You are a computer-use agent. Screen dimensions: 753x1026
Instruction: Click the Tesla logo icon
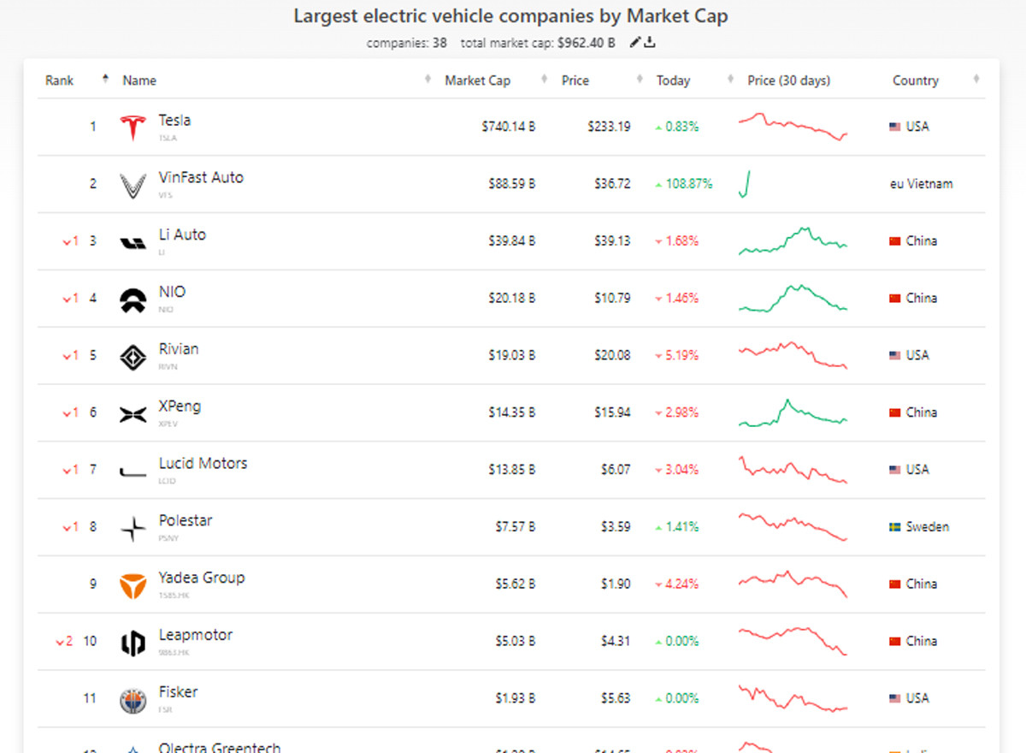(133, 127)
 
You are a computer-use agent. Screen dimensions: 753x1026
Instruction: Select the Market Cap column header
(477, 80)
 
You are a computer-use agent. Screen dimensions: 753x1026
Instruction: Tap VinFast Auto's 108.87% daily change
(683, 184)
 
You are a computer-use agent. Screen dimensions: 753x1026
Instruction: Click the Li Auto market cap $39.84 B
(508, 241)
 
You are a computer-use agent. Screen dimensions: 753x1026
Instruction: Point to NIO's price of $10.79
(612, 299)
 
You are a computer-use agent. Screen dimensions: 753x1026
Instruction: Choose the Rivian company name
(179, 349)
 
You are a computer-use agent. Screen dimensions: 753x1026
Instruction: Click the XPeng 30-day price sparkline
(793, 412)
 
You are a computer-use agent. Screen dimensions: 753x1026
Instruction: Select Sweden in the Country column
(927, 527)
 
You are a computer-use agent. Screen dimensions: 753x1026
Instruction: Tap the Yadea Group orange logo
(133, 585)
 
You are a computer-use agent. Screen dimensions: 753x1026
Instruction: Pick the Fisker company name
(178, 692)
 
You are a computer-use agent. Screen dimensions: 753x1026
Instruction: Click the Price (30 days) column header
(788, 80)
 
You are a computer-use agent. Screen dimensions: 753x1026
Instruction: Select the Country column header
(915, 80)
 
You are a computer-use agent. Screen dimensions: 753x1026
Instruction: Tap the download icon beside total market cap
(650, 43)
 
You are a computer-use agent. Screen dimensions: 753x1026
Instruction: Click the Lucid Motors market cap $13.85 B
(508, 470)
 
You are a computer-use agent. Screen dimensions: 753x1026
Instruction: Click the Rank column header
(60, 80)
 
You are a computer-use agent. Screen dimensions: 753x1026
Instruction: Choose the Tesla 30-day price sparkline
(793, 126)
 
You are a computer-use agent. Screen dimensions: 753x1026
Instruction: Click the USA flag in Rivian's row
(894, 355)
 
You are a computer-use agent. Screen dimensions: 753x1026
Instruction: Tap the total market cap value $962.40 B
(586, 43)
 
